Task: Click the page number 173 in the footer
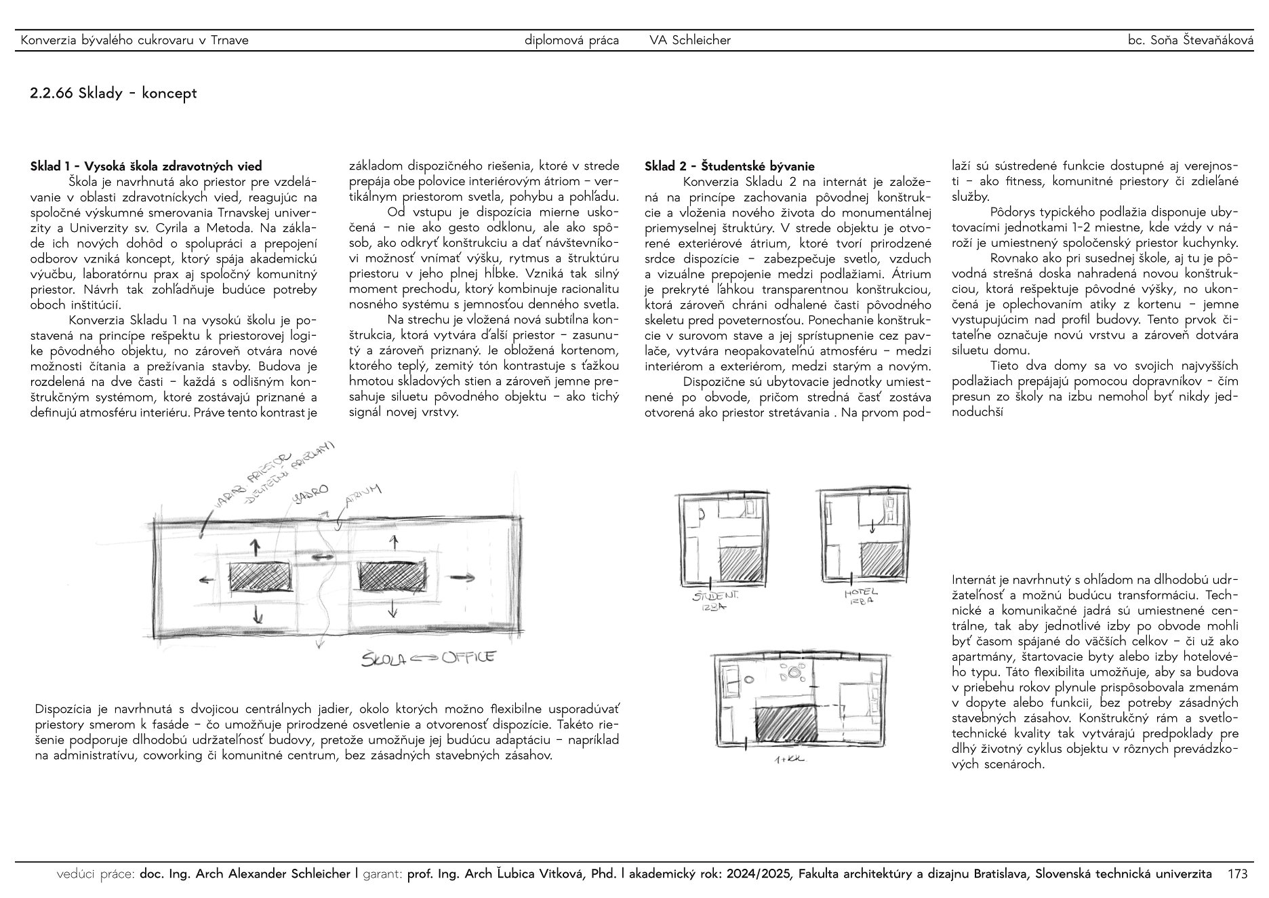click(1237, 874)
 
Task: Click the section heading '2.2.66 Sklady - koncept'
click(113, 93)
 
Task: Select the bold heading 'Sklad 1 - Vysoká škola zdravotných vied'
click(146, 166)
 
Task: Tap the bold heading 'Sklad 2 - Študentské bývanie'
click(729, 166)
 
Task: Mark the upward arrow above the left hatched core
click(256, 547)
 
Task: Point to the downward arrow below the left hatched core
click(257, 614)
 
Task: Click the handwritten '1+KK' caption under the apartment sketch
click(788, 760)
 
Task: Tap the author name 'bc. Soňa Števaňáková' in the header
click(1190, 40)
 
